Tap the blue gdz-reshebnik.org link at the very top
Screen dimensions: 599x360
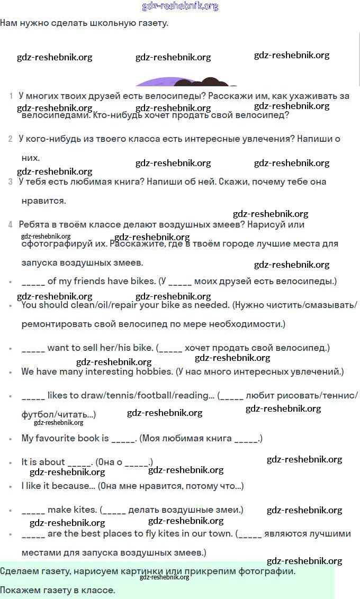click(180, 6)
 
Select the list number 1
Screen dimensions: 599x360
click(11, 96)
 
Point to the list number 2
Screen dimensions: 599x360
click(11, 139)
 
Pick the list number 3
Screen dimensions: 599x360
click(11, 182)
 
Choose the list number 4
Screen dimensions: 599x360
click(11, 225)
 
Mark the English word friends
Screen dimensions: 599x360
click(75, 281)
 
